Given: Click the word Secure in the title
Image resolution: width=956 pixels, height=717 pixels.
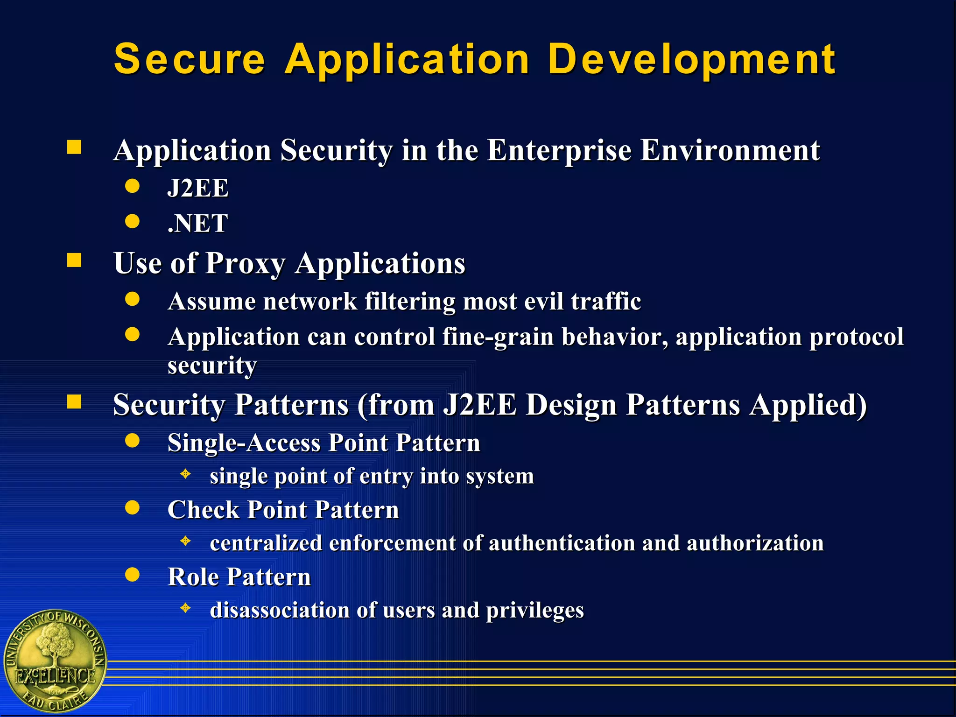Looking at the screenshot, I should point(189,59).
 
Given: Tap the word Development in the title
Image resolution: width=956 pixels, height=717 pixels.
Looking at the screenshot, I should point(691,59).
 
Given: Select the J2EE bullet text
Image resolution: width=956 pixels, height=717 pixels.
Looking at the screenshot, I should point(198,188).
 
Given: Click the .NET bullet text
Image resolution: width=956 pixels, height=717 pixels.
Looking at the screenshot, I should point(198,223).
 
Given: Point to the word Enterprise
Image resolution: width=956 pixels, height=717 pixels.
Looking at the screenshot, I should point(559,150).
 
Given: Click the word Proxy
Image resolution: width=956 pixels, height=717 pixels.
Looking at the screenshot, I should point(246,264).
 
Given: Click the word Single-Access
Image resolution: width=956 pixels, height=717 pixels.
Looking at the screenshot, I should point(244,443).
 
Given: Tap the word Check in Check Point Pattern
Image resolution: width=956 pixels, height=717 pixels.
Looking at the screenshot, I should point(203,510).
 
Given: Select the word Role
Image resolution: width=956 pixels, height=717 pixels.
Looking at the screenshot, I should point(193,577).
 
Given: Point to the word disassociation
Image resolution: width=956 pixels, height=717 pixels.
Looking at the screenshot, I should point(280,610).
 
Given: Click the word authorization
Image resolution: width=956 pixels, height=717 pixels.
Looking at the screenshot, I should point(755,543).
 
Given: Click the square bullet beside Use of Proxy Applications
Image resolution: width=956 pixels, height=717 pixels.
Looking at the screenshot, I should point(74,260).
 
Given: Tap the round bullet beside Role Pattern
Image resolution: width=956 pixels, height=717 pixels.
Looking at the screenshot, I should point(133,575).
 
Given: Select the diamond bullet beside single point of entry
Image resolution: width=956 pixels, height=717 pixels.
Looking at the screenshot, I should point(186,474).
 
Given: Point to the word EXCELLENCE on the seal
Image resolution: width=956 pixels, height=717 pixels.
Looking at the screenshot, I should point(55,676).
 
